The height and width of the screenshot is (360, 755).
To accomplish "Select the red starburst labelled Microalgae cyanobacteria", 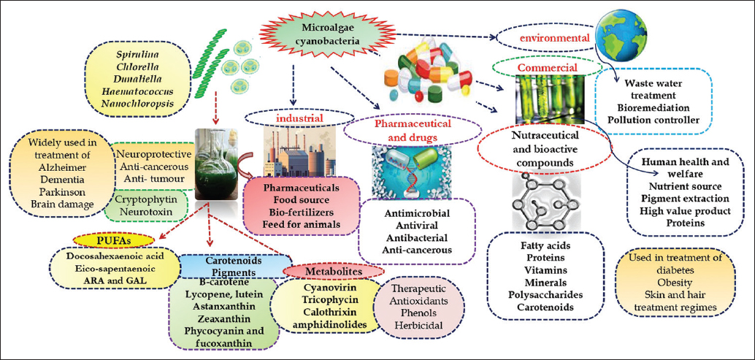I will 317,34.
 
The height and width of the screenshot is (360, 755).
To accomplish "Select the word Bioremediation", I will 654,107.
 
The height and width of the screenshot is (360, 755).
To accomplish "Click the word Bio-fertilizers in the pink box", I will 302,212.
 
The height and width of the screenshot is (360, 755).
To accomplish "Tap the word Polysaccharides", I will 547,295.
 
